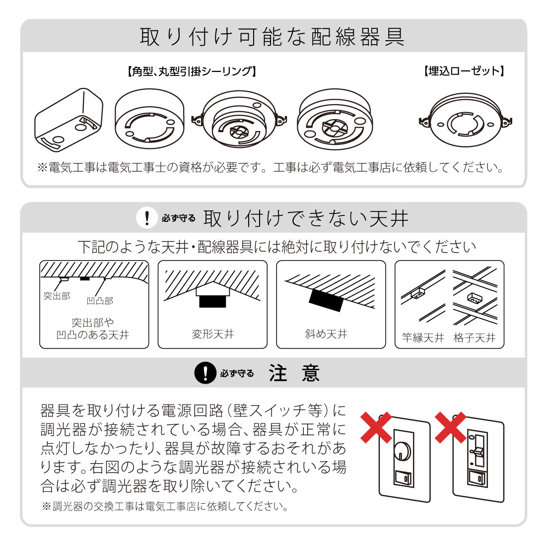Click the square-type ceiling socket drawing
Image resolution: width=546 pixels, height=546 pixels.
[x=68, y=120]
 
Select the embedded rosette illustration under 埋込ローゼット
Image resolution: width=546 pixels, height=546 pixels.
[x=466, y=120]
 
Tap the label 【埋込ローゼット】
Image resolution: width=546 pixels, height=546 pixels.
[x=464, y=71]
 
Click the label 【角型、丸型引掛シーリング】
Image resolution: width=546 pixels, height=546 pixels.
[x=192, y=71]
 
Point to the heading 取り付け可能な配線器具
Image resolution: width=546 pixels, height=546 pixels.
[x=273, y=37]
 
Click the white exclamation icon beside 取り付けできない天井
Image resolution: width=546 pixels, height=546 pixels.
[x=147, y=218]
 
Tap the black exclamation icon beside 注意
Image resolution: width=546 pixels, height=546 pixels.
[x=205, y=373]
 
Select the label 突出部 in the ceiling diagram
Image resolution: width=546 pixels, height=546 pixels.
[x=57, y=296]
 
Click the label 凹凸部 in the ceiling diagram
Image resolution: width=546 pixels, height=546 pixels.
[x=100, y=301]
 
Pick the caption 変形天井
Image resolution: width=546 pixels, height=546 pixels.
[x=213, y=334]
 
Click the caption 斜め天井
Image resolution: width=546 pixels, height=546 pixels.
[x=326, y=334]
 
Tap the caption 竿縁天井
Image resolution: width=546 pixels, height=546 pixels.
[x=423, y=338]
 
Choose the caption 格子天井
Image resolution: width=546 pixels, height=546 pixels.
[x=475, y=338]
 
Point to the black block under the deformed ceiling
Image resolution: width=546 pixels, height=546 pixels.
[x=212, y=302]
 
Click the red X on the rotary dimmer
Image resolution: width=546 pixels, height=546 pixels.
[x=376, y=427]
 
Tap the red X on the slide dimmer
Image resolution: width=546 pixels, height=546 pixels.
[x=451, y=427]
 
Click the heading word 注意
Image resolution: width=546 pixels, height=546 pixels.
[x=294, y=373]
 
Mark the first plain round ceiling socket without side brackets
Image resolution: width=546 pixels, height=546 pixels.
[x=150, y=119]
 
